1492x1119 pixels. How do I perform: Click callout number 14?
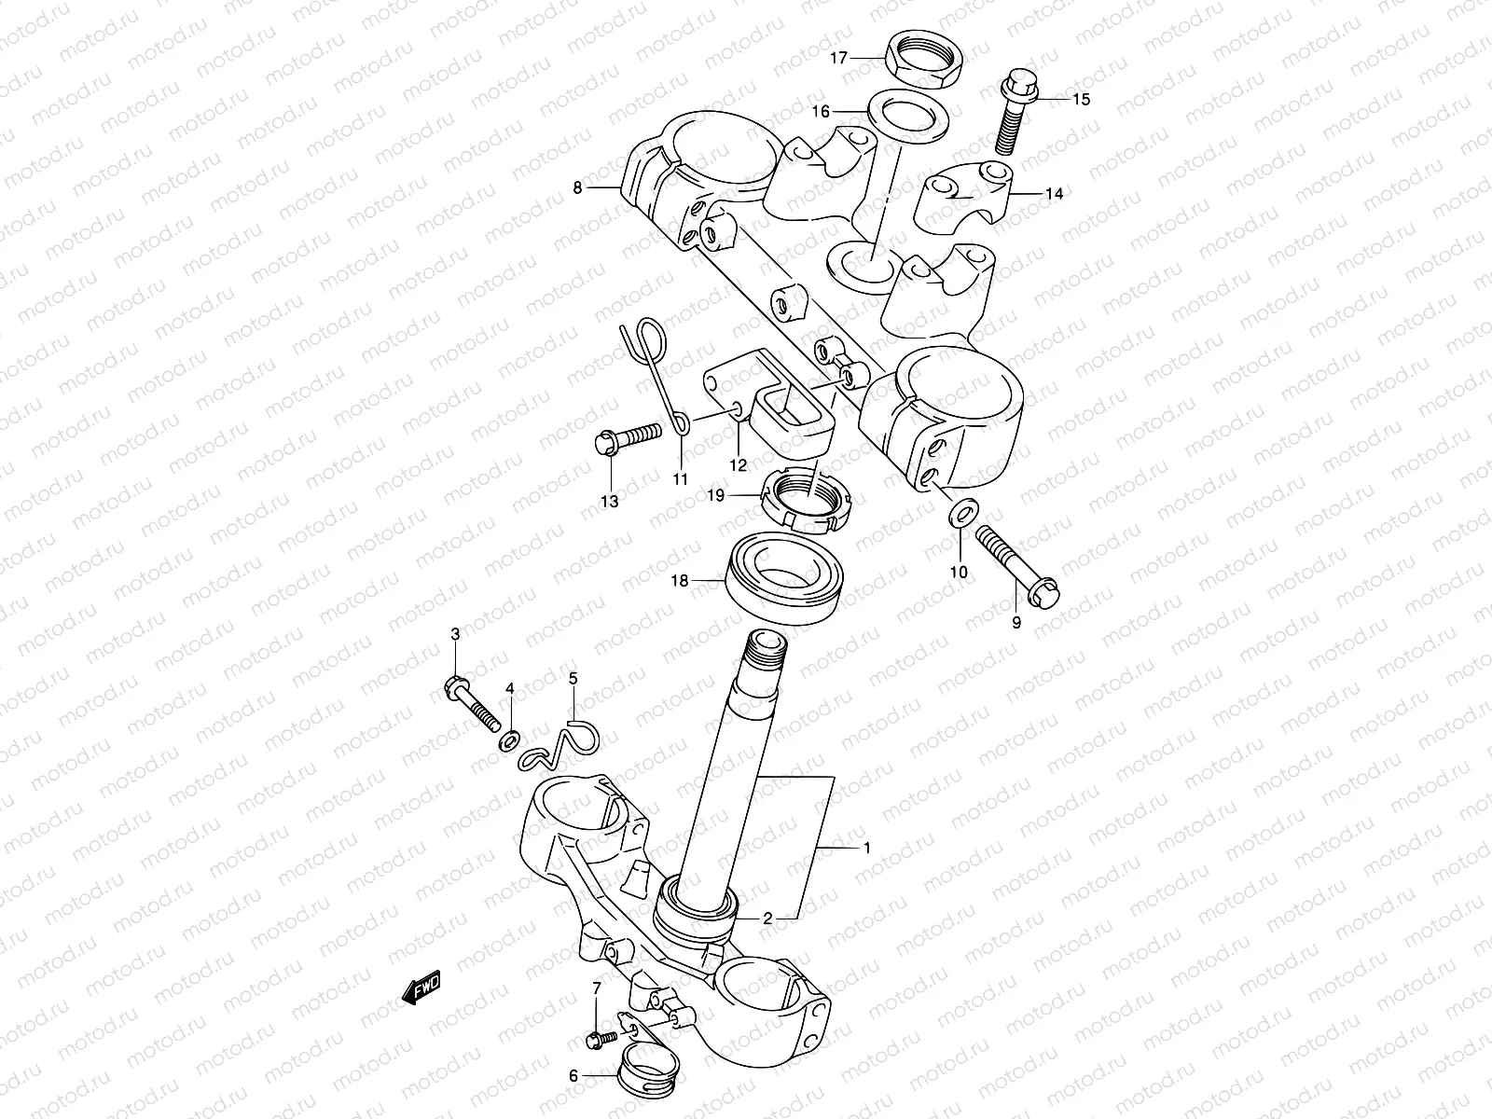(x=1054, y=195)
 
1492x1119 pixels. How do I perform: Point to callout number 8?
(x=577, y=187)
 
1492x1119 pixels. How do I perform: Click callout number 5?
(x=573, y=677)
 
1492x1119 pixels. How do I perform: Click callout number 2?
(x=767, y=919)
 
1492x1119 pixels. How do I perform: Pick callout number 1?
(x=867, y=849)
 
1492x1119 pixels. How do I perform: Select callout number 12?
(x=738, y=464)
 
